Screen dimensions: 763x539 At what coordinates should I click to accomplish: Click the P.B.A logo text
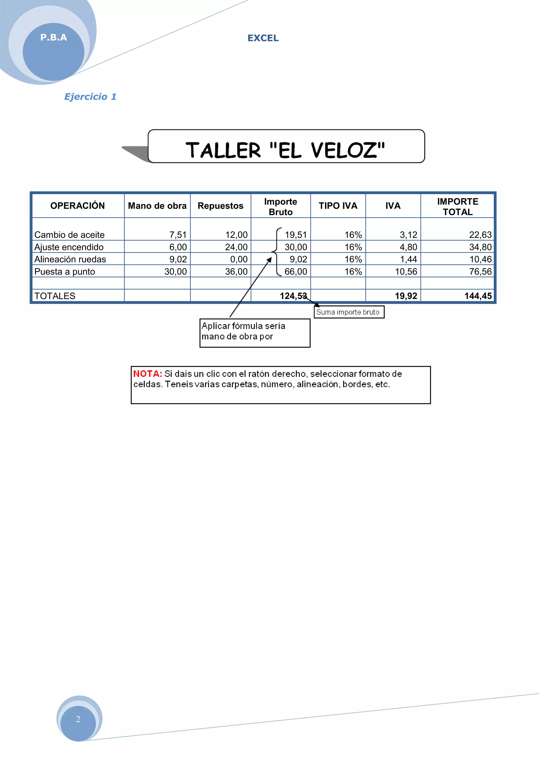[x=53, y=38]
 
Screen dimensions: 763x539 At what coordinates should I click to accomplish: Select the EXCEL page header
[x=263, y=38]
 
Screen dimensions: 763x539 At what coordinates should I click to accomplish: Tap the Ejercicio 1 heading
[x=90, y=97]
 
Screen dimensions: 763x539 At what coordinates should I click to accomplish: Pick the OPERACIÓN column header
[x=77, y=206]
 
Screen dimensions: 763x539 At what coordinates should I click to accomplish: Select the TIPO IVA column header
[x=338, y=206]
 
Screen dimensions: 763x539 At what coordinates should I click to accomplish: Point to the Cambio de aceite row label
[x=69, y=235]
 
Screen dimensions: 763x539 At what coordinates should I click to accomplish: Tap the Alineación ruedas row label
[x=70, y=260]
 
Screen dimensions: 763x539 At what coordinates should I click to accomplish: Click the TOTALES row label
[x=55, y=296]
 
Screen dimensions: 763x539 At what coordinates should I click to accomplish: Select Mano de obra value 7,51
[x=178, y=235]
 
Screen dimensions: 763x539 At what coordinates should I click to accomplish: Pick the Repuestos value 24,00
[x=236, y=247]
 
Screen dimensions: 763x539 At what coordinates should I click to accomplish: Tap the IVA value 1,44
[x=408, y=260]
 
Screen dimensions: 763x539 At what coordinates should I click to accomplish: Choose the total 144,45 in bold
[x=478, y=296]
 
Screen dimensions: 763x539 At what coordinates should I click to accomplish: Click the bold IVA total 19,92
[x=406, y=296]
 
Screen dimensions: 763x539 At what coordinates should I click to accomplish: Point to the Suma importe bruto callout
[x=349, y=312]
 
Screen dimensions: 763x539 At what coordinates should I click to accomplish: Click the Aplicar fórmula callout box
[x=254, y=333]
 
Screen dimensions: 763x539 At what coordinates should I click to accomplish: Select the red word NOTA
[x=147, y=374]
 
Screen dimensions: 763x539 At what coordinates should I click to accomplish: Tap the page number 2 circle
[x=78, y=719]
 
